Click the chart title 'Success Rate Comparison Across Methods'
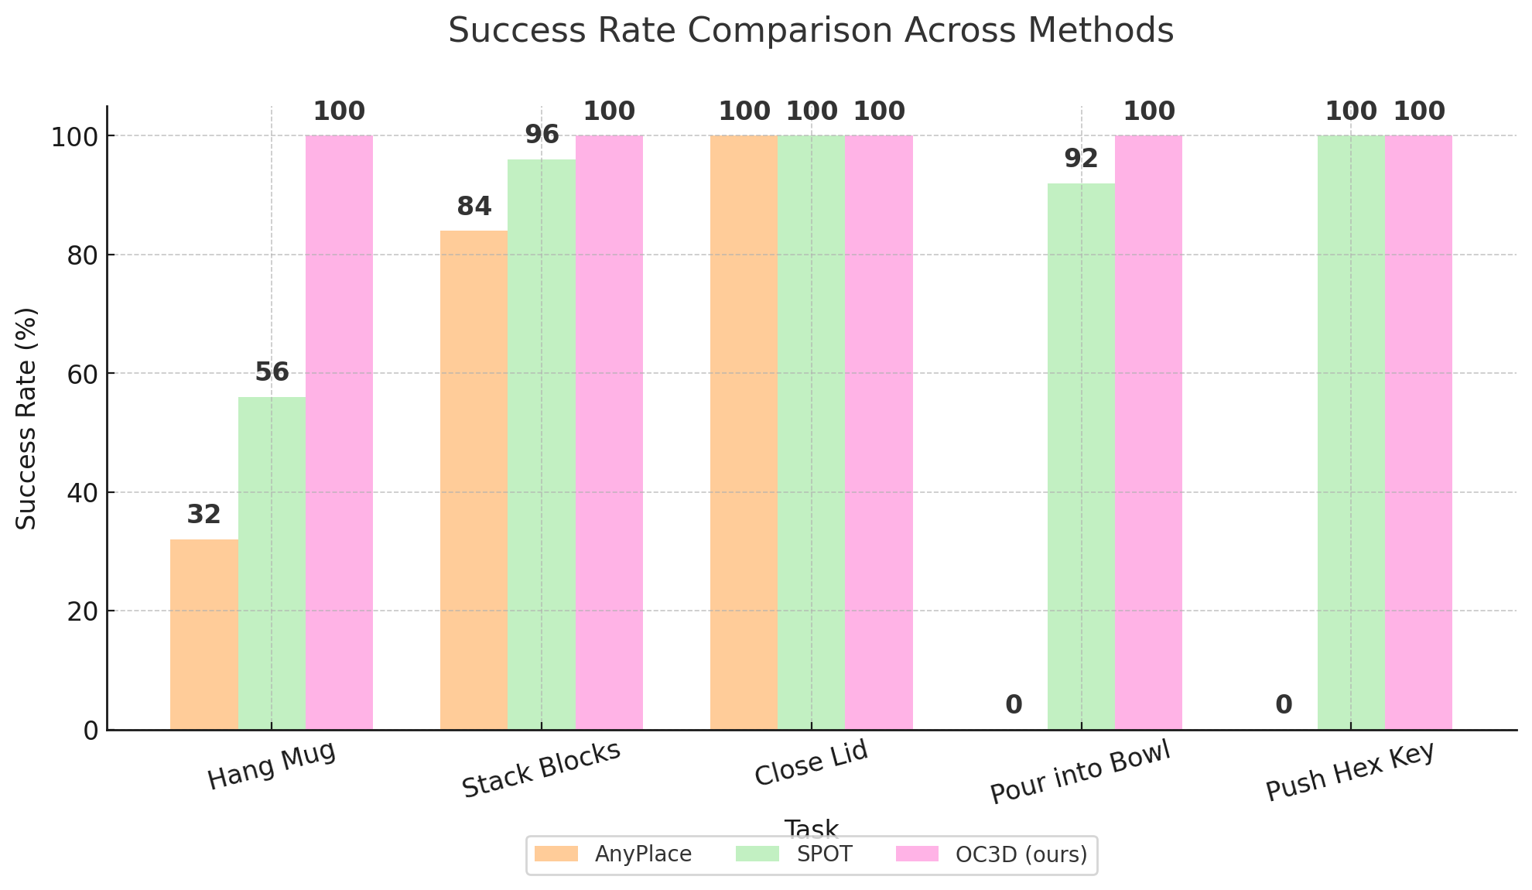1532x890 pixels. coord(811,31)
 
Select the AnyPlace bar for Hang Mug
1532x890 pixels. coord(203,634)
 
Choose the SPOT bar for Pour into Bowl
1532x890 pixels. coord(1081,456)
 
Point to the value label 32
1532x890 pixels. coord(204,515)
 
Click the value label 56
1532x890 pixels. coord(272,372)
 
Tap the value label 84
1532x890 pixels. coord(474,207)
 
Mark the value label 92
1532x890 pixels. coord(1081,159)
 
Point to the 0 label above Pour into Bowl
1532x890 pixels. coord(1014,705)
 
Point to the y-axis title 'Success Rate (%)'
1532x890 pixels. coord(27,418)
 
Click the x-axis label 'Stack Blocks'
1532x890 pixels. coord(541,769)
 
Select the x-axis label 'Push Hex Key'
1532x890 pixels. coord(1350,772)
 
